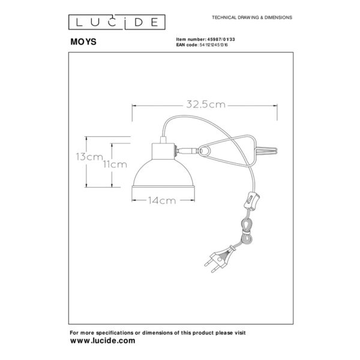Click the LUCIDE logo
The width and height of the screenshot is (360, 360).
pyautogui.click(x=116, y=22)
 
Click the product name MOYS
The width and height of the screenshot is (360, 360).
pyautogui.click(x=83, y=42)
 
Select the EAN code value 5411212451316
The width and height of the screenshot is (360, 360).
pyautogui.click(x=214, y=45)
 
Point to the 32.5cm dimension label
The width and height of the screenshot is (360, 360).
pyautogui.click(x=206, y=104)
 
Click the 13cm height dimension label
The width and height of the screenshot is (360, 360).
pyautogui.click(x=89, y=157)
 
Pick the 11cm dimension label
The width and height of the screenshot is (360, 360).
pyautogui.click(x=115, y=164)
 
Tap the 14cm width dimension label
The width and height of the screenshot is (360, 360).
pyautogui.click(x=162, y=200)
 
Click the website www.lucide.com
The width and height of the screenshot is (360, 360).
pyautogui.click(x=103, y=340)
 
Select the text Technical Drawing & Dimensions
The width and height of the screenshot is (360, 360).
pyautogui.click(x=252, y=17)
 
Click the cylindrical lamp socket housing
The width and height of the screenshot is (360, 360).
pyautogui.click(x=163, y=151)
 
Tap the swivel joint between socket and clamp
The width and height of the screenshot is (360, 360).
pyautogui.click(x=187, y=151)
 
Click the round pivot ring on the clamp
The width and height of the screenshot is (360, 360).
pyautogui.click(x=205, y=151)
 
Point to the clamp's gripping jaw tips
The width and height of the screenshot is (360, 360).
pyautogui.click(x=267, y=151)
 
